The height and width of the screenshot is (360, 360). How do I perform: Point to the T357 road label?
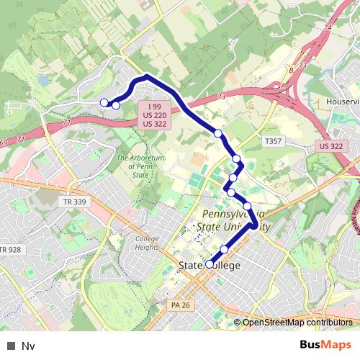click(272, 142)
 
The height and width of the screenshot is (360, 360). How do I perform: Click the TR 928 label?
click(10, 250)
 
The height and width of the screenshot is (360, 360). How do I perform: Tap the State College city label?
click(209, 266)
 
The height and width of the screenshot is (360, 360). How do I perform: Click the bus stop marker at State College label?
click(210, 265)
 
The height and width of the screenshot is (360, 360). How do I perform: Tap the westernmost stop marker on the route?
click(104, 102)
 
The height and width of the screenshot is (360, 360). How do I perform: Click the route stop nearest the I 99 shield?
click(116, 106)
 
